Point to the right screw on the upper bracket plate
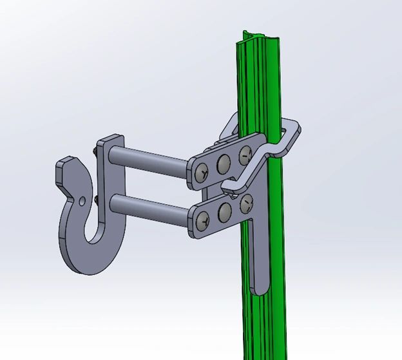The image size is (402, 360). tap(245, 154)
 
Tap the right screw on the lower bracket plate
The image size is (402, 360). tap(247, 203)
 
